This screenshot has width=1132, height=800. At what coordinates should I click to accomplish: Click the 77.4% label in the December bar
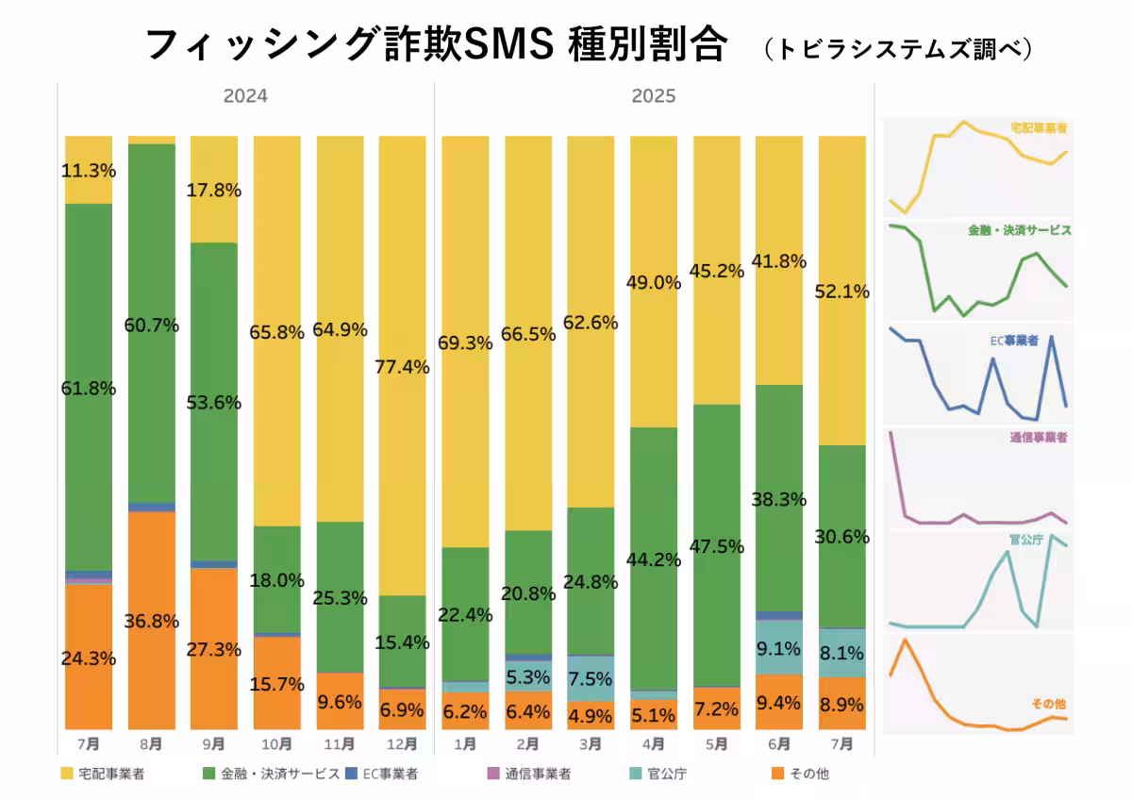click(x=402, y=368)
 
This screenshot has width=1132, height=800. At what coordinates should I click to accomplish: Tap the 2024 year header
click(x=245, y=96)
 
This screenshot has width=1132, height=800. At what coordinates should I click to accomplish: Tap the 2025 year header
click(x=654, y=96)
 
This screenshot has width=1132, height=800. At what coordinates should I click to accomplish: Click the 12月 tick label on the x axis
click(x=402, y=743)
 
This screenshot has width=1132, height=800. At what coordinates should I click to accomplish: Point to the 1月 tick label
click(x=465, y=743)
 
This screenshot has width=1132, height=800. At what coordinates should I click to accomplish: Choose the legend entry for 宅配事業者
click(x=109, y=775)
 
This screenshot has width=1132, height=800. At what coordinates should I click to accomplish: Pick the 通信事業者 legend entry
click(x=534, y=775)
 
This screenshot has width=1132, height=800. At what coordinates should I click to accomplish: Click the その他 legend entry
click(x=806, y=775)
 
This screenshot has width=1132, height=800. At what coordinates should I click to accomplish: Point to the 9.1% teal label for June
click(x=779, y=649)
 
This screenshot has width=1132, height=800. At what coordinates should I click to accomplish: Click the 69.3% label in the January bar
click(x=465, y=344)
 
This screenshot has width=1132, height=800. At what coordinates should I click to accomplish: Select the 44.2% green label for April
click(x=654, y=559)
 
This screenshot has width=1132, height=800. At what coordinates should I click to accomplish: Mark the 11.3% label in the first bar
click(x=89, y=171)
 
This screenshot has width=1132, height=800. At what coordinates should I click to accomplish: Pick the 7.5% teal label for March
click(x=591, y=679)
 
